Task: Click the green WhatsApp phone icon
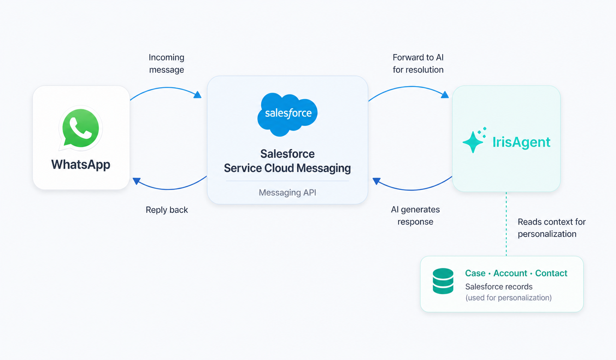tap(81, 128)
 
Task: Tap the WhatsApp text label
tap(81, 165)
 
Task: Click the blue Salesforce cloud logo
tap(288, 113)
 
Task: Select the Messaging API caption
tap(287, 193)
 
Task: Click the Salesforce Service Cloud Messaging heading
tap(287, 161)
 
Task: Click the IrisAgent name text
tap(521, 142)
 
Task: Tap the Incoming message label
tap(167, 64)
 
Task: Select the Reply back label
tap(167, 210)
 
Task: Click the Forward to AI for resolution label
tap(418, 64)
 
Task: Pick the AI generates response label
tap(415, 216)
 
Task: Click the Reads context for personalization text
tap(551, 228)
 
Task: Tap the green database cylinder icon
tap(443, 281)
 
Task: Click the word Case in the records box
tap(475, 273)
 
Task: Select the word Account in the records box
tap(510, 273)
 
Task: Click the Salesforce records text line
tap(499, 287)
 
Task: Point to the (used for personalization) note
tap(508, 298)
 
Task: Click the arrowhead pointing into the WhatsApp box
tap(137, 181)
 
